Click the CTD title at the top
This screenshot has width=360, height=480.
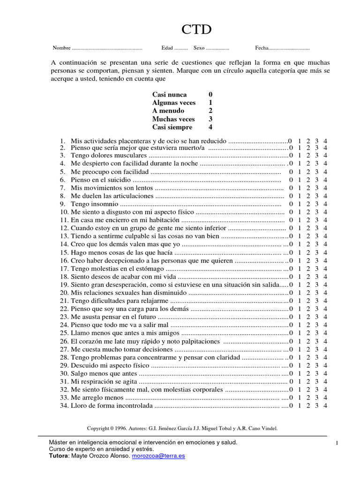click(196, 30)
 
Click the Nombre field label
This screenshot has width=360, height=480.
click(61, 48)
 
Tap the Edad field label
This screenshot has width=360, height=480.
click(167, 48)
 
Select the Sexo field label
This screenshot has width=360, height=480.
click(199, 48)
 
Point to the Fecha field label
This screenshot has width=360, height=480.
click(262, 48)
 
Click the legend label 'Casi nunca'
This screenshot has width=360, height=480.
click(169, 95)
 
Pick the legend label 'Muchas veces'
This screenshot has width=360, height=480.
click(173, 119)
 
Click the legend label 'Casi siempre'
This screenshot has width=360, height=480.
click(172, 127)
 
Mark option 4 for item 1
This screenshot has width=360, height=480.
click(325, 141)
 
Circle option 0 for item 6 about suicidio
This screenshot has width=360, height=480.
click(291, 180)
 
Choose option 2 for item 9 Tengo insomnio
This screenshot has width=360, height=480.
click(308, 204)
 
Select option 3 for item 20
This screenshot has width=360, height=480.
click(317, 292)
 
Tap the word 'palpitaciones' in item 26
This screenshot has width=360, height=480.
click(200, 341)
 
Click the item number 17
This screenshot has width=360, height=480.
click(64, 269)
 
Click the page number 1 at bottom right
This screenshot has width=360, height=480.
click(337, 443)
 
